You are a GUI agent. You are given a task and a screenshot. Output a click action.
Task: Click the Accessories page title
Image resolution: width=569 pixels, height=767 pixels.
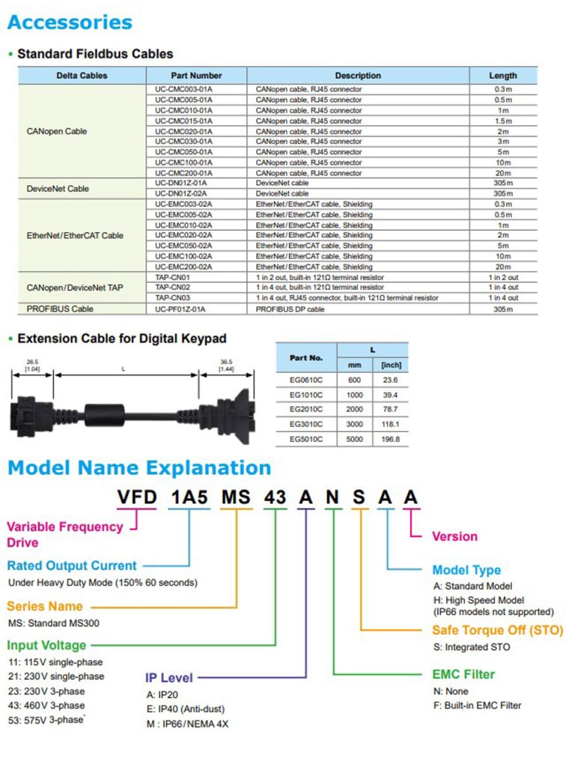coord(70,22)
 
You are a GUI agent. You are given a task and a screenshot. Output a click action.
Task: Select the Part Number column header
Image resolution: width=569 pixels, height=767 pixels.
coord(196,76)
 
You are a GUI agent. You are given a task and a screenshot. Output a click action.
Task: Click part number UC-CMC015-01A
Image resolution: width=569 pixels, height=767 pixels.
coord(183,121)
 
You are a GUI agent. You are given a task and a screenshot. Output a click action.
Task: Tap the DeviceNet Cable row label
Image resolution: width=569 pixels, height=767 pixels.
coord(58,189)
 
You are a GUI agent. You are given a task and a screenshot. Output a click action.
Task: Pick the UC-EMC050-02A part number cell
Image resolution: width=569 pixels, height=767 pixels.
coord(183,246)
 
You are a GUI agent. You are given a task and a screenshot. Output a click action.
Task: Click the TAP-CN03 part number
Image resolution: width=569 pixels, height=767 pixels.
coord(172,298)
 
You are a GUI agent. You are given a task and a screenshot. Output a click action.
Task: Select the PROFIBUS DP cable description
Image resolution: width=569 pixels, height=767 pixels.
coord(290,309)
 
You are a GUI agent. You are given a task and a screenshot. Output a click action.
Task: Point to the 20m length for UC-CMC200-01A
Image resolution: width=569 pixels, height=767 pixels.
coord(503,173)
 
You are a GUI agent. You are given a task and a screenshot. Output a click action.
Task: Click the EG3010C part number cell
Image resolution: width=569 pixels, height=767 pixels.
coord(306,424)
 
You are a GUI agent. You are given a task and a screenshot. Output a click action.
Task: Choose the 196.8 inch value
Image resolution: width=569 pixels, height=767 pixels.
coord(391,439)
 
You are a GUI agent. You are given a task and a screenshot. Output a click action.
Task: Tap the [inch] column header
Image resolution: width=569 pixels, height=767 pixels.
coord(391,365)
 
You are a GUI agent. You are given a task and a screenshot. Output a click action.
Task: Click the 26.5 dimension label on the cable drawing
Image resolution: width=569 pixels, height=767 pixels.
coord(32,362)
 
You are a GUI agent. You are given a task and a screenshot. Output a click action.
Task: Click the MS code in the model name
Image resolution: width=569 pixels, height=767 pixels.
coord(236,497)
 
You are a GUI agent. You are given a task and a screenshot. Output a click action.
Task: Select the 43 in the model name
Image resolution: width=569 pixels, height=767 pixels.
coord(275,497)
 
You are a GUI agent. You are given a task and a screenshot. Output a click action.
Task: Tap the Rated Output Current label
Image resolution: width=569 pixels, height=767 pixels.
coord(72,566)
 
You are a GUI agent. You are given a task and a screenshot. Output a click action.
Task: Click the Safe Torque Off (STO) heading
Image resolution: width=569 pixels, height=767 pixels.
coord(498,630)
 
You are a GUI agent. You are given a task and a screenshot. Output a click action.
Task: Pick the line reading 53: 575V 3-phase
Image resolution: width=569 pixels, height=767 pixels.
coord(46,720)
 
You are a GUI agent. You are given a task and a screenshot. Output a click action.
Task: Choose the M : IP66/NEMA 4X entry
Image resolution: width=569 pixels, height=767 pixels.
coord(187,724)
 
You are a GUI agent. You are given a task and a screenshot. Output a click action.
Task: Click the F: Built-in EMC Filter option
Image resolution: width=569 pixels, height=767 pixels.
coord(477,706)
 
